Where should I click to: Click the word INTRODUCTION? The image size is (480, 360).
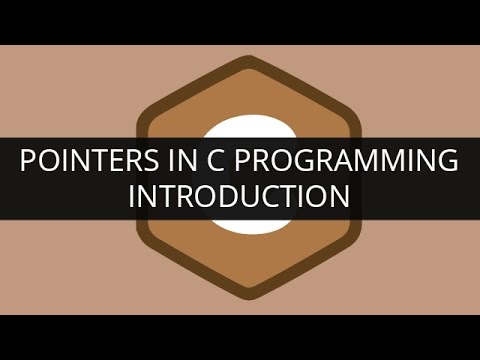point(240,197)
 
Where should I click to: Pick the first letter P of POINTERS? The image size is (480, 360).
point(29,161)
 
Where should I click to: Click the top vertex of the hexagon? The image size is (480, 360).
point(240,59)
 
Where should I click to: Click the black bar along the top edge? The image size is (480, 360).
point(240,22)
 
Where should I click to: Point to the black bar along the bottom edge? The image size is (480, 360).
point(240,337)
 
